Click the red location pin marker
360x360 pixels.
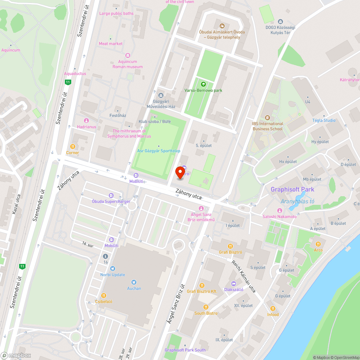coord(179,172)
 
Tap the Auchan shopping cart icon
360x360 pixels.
coord(134,282)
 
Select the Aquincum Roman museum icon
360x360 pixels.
coord(127,55)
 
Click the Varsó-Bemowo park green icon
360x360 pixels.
coord(203,84)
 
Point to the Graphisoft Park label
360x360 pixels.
coord(292,189)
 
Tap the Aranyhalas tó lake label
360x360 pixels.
coord(297,201)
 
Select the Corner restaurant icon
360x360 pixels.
coord(72,147)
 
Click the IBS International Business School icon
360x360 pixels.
coord(267,118)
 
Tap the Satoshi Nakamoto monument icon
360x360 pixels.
coord(279,211)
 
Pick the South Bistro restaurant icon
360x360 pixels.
coord(206,307)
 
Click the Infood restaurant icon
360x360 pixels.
coord(273,309)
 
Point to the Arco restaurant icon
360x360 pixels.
coord(318,244)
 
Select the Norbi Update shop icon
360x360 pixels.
coord(113,269)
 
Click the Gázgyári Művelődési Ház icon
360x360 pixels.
coord(161,95)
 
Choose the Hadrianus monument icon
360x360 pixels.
coord(86,121)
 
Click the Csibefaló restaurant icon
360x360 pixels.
coord(103,295)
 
